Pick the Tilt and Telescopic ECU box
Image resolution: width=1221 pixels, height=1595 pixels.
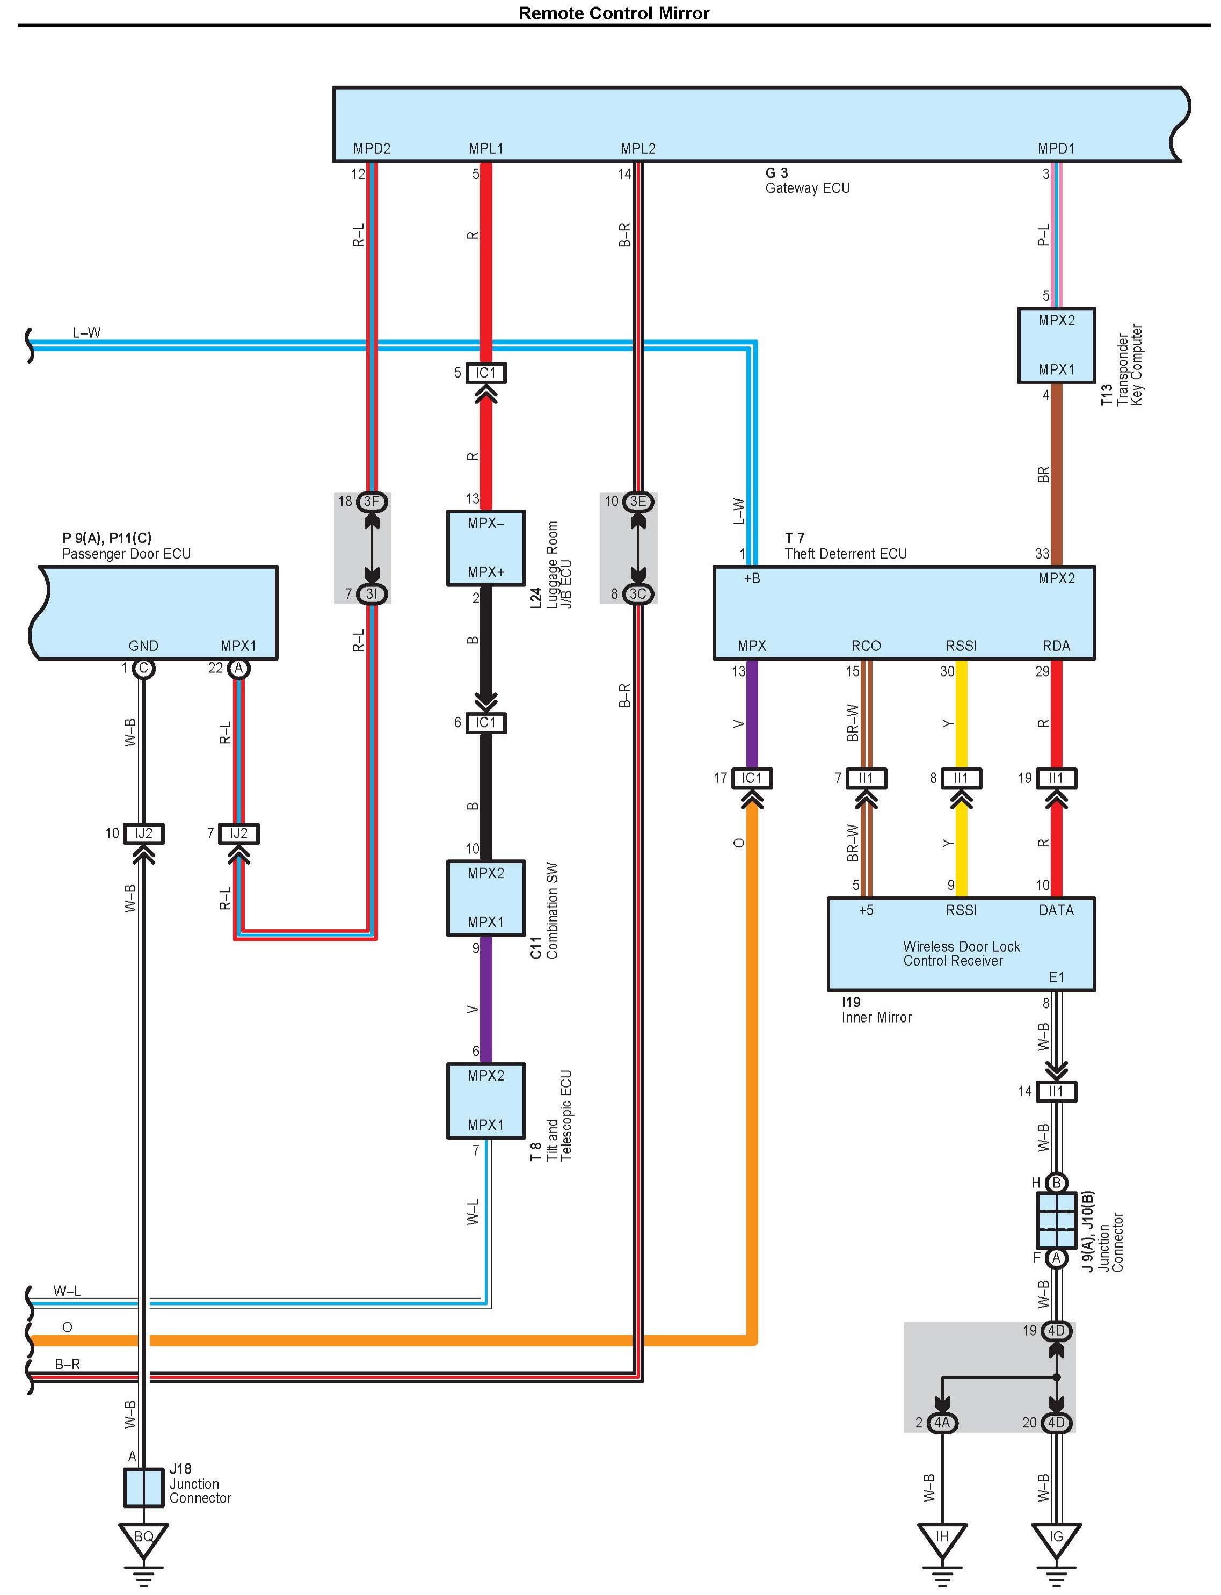pos(485,1100)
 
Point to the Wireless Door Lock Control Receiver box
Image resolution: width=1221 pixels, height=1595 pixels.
pos(961,944)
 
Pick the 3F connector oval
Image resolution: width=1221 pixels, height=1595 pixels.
pos(372,502)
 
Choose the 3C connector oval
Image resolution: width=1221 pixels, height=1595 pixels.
pos(637,594)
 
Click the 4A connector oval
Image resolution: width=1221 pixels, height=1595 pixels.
pos(942,1423)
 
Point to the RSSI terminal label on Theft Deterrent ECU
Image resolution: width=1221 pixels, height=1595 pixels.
pos(961,646)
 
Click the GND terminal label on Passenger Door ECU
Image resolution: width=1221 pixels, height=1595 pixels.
pos(143,646)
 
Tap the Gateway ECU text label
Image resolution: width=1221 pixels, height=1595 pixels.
pos(806,189)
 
